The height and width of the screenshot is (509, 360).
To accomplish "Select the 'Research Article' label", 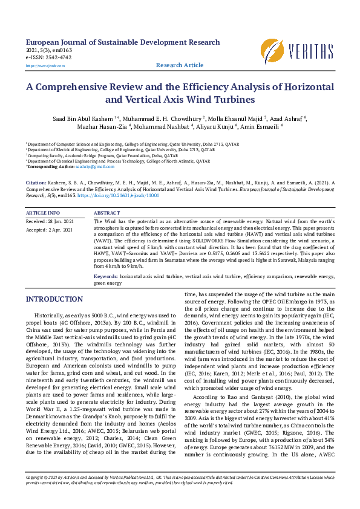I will pyautogui.click(x=180, y=65).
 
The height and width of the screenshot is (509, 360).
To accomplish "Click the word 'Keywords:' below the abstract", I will pyautogui.click(x=106, y=276).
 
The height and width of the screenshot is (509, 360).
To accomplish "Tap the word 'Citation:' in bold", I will pyautogui.click(x=36, y=181).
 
